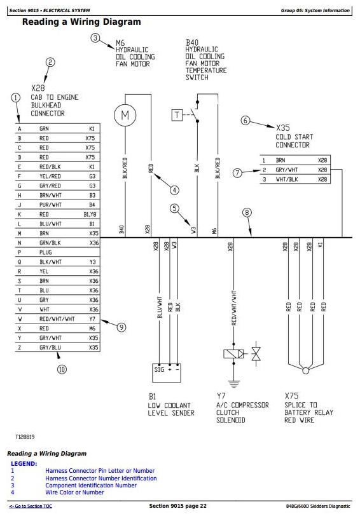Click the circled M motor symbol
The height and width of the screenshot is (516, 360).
coord(125,115)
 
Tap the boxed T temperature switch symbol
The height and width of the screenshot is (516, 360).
coord(177,115)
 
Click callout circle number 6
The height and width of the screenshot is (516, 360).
coord(245,121)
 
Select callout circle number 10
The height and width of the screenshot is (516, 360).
coord(62,369)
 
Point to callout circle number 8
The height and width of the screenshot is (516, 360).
coord(247,212)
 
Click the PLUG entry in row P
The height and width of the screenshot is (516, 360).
coord(45,252)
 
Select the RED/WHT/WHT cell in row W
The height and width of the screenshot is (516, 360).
coord(57,319)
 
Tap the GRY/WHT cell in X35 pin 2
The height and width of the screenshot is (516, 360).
coord(287,170)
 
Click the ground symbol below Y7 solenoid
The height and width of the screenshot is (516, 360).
coord(234,384)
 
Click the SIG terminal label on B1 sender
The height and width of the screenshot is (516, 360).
coord(159,370)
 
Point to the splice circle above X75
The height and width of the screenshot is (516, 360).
coord(306,370)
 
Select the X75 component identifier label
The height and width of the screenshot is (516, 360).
coord(291,395)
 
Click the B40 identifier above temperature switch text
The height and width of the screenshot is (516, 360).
coord(192,43)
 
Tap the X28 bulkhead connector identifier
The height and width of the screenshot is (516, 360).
coord(38,88)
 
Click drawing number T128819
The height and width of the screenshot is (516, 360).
coord(25,437)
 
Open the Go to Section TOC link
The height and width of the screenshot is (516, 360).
coord(31,506)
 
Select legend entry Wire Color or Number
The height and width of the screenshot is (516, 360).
coord(75,492)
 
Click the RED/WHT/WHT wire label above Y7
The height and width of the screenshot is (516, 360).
coord(234,308)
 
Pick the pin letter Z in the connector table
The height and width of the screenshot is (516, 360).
coord(20,348)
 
